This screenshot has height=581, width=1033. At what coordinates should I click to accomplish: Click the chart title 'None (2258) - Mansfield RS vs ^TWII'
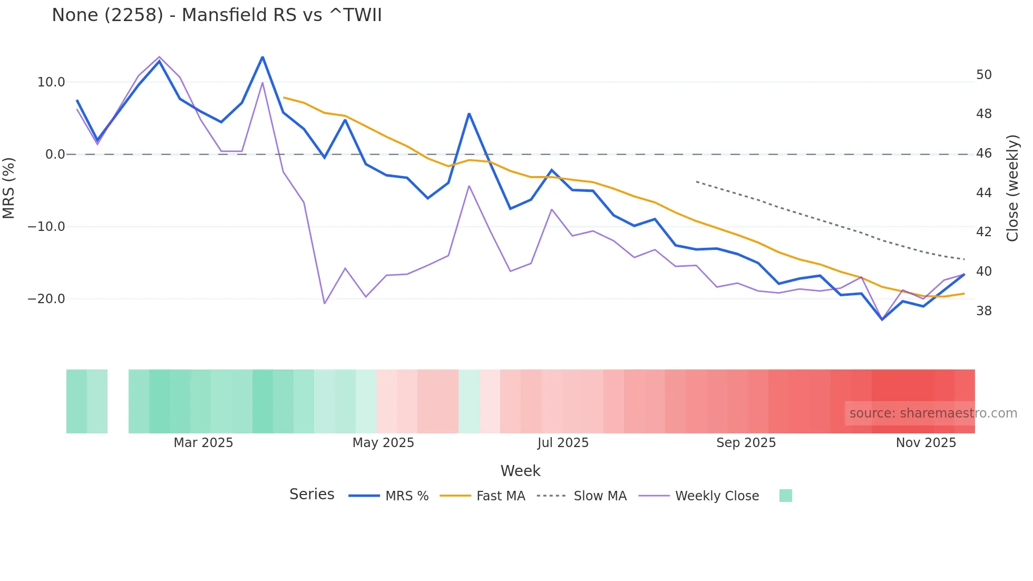[217, 15]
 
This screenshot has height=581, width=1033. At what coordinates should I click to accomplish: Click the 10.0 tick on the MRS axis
[51, 82]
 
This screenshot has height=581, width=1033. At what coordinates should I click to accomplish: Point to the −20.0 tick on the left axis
[46, 299]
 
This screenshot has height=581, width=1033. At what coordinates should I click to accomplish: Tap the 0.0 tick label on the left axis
[55, 154]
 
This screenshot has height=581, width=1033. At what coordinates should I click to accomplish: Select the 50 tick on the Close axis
[983, 75]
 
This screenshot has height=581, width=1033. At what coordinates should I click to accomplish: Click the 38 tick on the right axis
[983, 311]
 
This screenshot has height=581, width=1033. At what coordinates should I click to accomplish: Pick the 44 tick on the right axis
[983, 193]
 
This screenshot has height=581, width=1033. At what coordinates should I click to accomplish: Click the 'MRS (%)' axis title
[9, 188]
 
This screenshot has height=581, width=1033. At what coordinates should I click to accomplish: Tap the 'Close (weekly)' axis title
[1012, 188]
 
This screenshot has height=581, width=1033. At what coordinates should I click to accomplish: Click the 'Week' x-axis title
[520, 471]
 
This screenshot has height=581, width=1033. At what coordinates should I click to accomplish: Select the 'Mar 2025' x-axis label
[203, 443]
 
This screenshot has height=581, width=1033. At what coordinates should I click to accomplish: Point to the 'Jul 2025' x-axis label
[563, 443]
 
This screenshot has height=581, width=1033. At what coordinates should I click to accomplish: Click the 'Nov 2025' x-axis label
[925, 443]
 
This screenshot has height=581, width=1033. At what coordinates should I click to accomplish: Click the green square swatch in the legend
[785, 496]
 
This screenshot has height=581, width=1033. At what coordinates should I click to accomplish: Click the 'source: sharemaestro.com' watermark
[933, 413]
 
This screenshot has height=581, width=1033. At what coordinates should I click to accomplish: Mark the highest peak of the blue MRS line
[262, 57]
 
